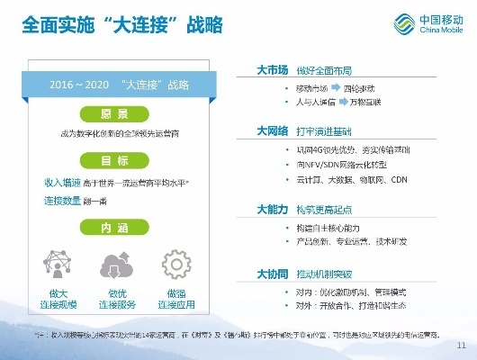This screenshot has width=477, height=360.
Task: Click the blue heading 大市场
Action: pos(271,69)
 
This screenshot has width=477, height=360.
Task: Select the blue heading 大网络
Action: pos(271,130)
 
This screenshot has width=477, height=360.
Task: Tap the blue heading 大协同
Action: pos(271,273)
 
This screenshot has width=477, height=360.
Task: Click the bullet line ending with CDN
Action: pos(351,179)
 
